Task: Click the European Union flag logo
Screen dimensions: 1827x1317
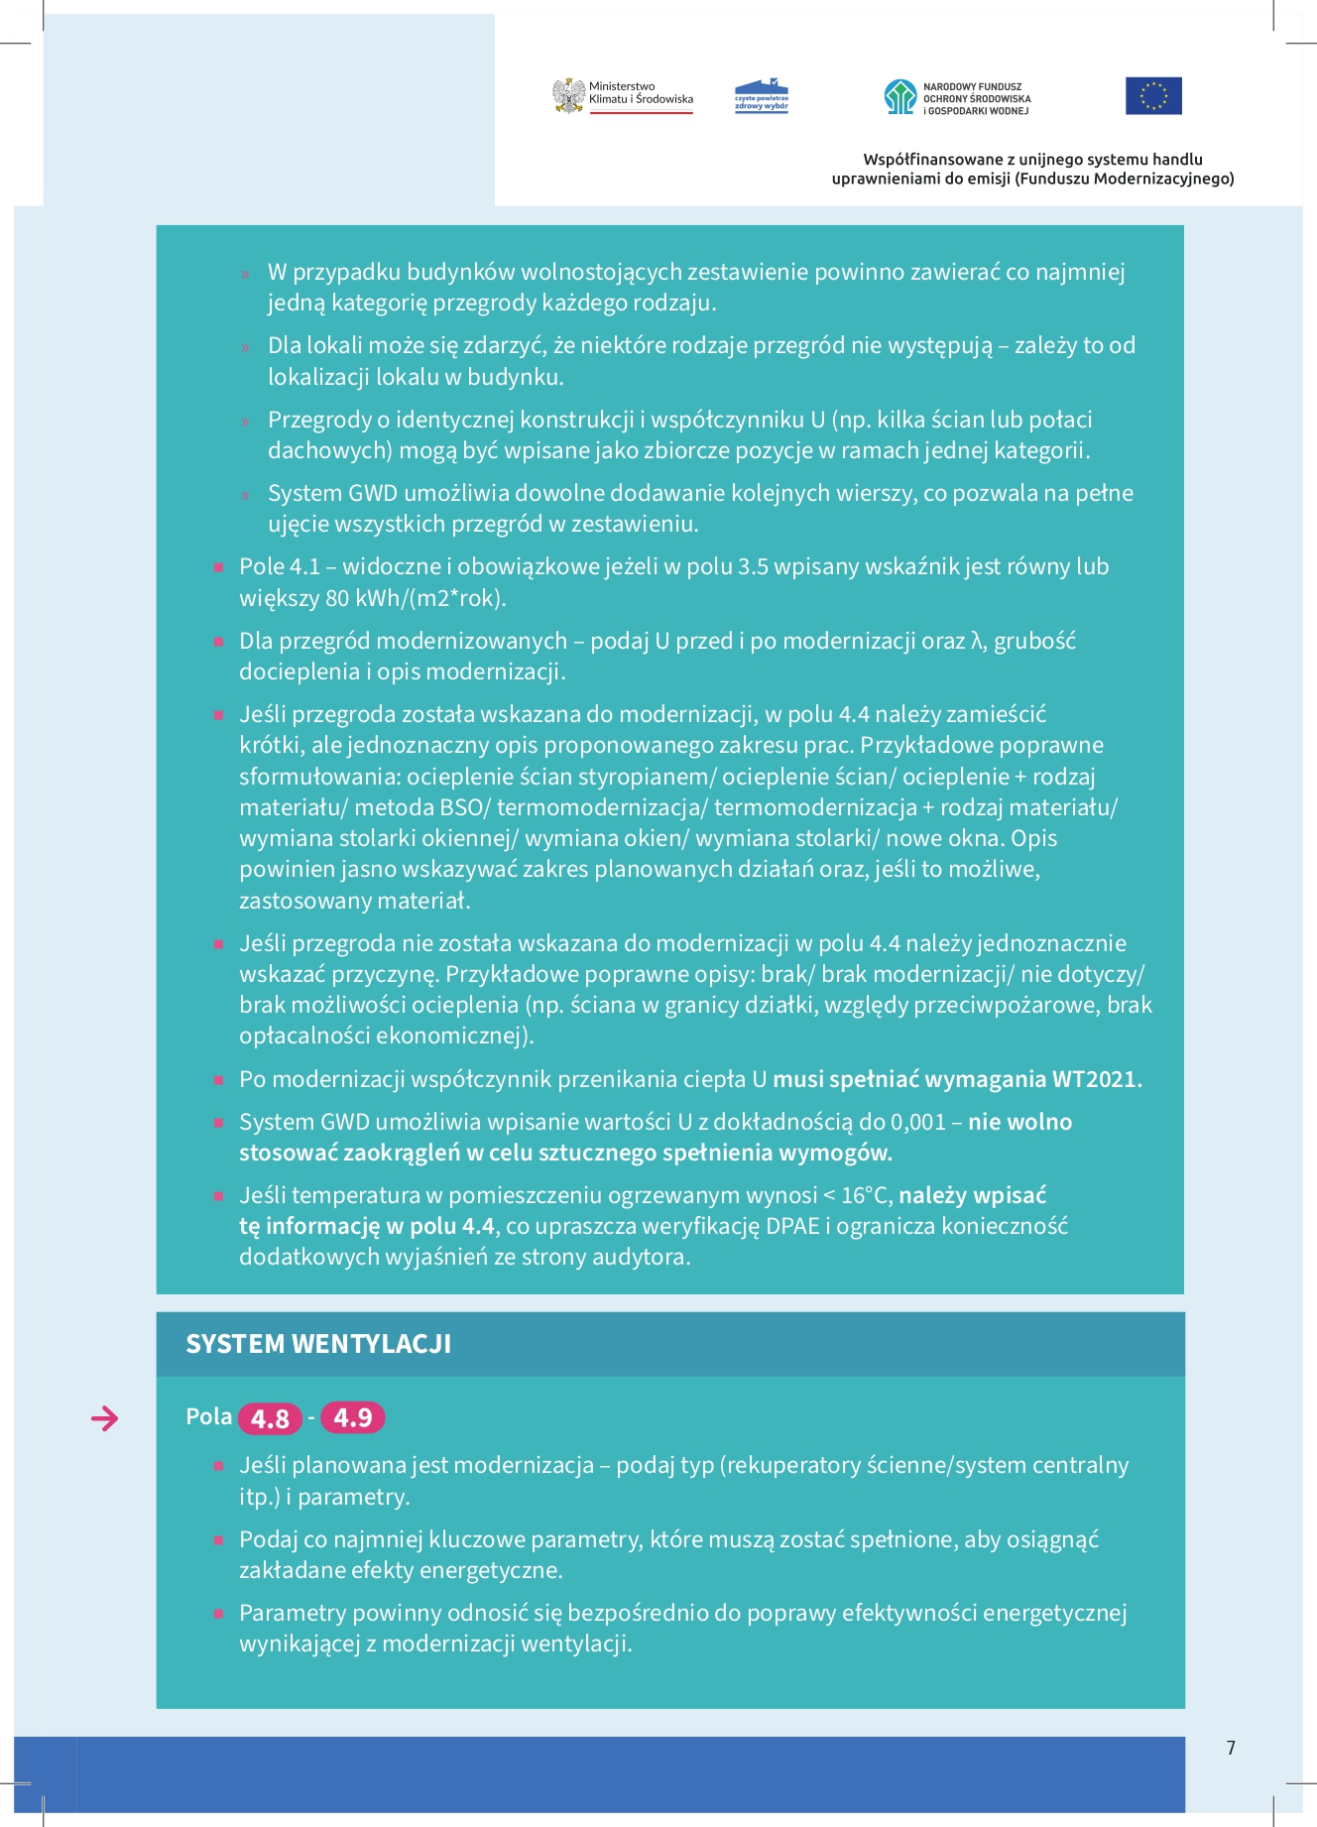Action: pos(1153,95)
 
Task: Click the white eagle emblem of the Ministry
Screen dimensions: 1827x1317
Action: pos(568,96)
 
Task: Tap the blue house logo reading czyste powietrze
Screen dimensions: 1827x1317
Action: pos(761,97)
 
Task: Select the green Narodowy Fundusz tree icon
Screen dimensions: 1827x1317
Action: pos(899,97)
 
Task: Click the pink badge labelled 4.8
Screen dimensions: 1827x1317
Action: pos(270,1418)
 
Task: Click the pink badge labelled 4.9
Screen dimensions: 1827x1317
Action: pos(352,1417)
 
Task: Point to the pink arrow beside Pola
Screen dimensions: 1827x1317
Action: pos(104,1419)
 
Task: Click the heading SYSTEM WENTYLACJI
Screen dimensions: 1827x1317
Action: pos(318,1344)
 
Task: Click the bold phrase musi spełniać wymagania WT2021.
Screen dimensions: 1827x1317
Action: pos(957,1079)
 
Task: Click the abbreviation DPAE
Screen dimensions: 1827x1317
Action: pos(792,1227)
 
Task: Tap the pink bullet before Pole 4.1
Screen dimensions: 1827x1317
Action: pos(218,567)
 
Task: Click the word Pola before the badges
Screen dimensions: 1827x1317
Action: pos(208,1416)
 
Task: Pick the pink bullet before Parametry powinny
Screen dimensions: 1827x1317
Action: pos(218,1614)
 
